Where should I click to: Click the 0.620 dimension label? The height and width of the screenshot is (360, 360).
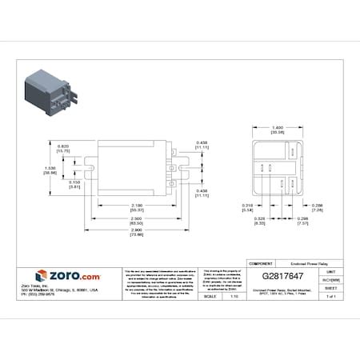[x=62, y=147]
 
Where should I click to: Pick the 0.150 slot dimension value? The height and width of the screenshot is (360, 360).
[x=74, y=185]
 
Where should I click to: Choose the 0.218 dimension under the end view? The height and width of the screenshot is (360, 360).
[x=247, y=206]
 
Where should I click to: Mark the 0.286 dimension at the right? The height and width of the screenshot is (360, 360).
[x=318, y=206]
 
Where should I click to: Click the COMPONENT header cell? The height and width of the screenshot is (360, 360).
[x=261, y=262]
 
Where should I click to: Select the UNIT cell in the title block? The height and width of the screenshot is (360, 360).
[x=330, y=274]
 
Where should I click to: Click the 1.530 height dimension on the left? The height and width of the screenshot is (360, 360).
[x=49, y=170]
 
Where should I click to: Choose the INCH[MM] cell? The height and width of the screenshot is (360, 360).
[x=330, y=280]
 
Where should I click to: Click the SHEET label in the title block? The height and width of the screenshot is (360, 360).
[x=330, y=288]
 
